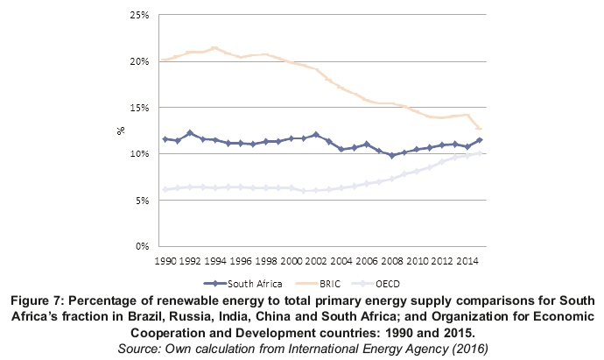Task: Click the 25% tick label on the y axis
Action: tap(140, 16)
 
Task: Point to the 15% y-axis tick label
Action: tap(140, 108)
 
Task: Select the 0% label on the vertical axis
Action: tap(143, 246)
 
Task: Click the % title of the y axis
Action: tap(122, 131)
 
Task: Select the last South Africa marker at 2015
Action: tap(480, 140)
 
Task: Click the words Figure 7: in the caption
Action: tap(41, 302)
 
